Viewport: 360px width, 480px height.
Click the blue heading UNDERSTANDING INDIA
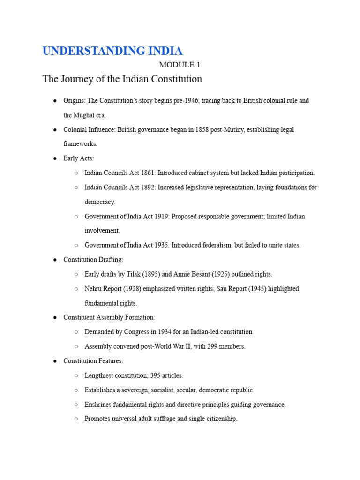pos(112,51)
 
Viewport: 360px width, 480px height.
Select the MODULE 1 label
pos(180,65)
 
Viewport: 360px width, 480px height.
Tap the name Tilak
pos(135,274)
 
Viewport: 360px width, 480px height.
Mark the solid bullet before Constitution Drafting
pos(55,260)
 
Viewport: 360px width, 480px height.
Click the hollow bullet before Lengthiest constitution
pos(76,376)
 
